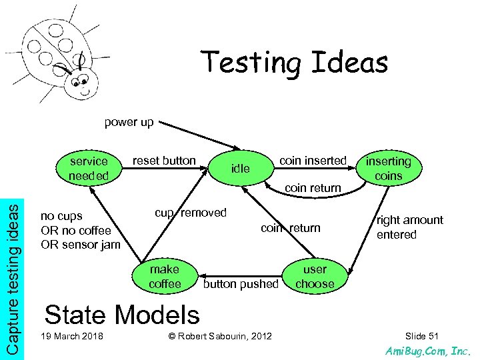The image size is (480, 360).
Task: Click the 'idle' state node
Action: coord(240,169)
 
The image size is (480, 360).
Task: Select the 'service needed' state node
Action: coord(89,169)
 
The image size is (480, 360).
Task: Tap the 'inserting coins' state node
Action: coord(389,169)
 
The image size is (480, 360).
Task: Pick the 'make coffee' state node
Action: coord(165,277)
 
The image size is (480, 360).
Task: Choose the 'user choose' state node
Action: coord(315,277)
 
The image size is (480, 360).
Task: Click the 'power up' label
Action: coord(129,122)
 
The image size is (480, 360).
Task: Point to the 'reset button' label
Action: coord(164,160)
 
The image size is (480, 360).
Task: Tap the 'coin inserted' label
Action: coord(313,160)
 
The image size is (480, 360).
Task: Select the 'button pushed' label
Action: coord(241,284)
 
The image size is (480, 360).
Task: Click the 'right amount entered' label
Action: coord(409,227)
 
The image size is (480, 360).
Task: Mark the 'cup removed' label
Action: coord(191,213)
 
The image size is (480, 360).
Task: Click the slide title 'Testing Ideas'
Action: coord(295,63)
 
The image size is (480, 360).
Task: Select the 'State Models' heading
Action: coord(122,315)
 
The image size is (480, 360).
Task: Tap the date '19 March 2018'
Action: coord(72,335)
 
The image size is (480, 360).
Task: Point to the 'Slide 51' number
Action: coord(422,335)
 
